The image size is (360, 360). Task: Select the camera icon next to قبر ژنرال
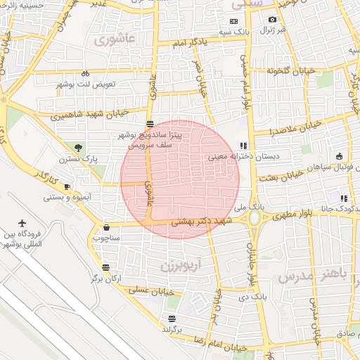[272, 19]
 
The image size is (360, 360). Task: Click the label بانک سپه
[234, 32]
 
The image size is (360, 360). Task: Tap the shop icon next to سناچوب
[106, 227]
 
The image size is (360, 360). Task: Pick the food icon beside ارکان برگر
[105, 267]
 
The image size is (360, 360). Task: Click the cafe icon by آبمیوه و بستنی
[67, 186]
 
